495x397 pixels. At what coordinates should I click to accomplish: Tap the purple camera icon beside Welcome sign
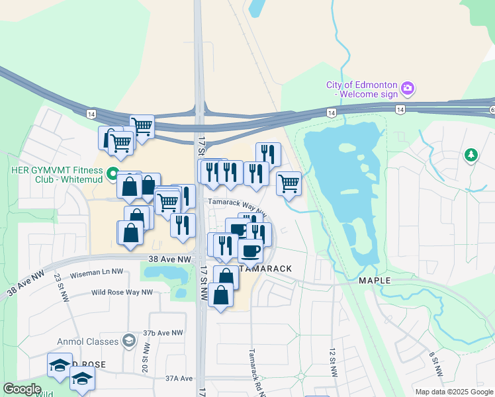point(408,88)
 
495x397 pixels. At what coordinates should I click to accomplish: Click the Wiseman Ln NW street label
point(97,271)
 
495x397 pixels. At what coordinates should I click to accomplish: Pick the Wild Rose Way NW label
point(122,292)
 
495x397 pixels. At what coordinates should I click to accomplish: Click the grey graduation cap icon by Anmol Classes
point(130,341)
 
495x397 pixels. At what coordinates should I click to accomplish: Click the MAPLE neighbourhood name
point(375,281)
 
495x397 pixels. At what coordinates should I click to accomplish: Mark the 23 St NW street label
point(58,285)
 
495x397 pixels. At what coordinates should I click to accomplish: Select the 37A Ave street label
point(178,378)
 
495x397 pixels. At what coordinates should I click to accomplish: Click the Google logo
point(22,389)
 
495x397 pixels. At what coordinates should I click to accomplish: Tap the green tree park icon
point(471,155)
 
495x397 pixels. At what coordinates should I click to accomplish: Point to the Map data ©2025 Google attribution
point(453,392)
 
